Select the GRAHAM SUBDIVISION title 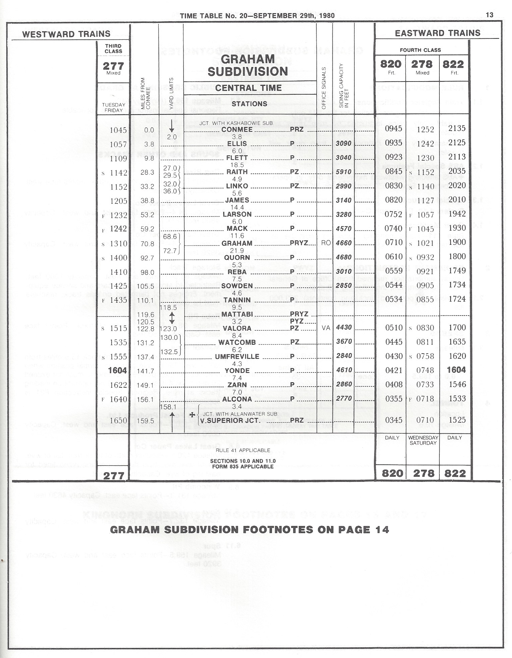tap(248, 65)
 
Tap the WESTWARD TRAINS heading tap(66, 34)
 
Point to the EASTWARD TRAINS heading tap(437, 33)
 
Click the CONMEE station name tap(237, 129)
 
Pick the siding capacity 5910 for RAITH tap(343, 172)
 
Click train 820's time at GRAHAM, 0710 tap(394, 242)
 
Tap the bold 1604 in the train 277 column tap(117, 371)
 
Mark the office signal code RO tap(326, 243)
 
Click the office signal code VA tap(326, 328)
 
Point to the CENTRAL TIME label tap(248, 88)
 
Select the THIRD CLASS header tap(113, 49)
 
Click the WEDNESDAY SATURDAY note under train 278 tap(423, 440)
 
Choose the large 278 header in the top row tap(422, 64)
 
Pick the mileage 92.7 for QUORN tap(147, 258)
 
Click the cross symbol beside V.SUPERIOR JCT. tap(192, 415)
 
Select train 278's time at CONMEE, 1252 tap(425, 129)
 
